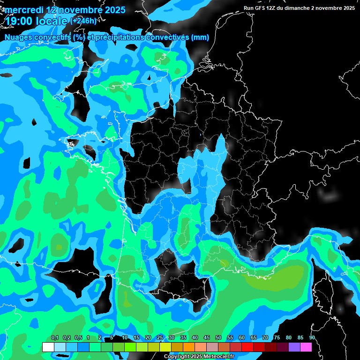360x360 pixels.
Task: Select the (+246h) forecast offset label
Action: click(83, 21)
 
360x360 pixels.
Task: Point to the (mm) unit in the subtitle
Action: click(200, 37)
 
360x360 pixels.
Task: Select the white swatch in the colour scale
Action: click(48, 347)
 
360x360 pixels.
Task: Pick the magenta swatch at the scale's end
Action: click(306, 347)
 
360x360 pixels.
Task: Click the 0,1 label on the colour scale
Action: click(54, 337)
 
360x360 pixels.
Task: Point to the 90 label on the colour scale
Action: click(312, 337)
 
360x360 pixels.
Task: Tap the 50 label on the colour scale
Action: click(218, 337)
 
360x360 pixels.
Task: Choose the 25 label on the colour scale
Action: click(160, 337)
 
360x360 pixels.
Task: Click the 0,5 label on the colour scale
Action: click(78, 337)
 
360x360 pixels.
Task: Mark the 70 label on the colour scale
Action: click(265, 337)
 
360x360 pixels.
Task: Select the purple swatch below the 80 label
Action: click(294, 347)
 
